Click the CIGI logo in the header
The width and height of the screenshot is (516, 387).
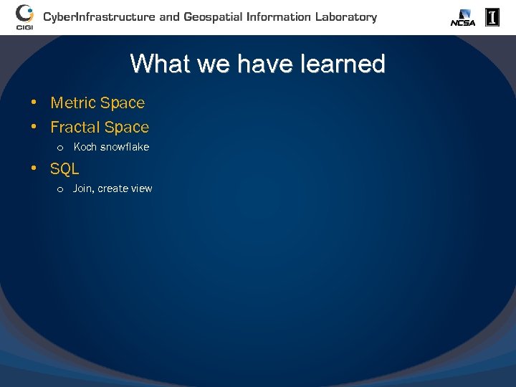[x=24, y=16]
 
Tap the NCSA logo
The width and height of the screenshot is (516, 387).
[x=462, y=18]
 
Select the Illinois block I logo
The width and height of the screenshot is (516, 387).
[x=492, y=17]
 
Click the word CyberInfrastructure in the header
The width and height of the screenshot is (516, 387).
[x=99, y=16]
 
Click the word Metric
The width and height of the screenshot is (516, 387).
[x=73, y=103]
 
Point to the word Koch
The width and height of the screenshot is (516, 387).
[x=85, y=147]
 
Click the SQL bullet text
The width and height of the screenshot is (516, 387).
[x=64, y=169]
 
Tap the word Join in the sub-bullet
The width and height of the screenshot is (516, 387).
[x=83, y=188]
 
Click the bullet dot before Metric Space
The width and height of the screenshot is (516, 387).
[x=34, y=102]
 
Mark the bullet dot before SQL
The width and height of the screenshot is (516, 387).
[x=34, y=168]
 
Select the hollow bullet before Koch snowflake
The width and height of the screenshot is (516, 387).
[x=60, y=148]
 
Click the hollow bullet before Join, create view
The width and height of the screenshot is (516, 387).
[x=60, y=189]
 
